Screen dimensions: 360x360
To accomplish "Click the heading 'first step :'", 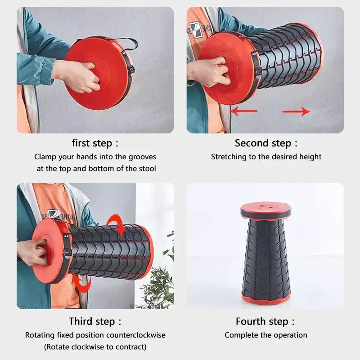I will (95, 144).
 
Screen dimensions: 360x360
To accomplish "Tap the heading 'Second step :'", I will (265, 144).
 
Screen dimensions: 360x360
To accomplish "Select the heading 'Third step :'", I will (95, 321).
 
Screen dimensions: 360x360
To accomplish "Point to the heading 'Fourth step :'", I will (265, 321).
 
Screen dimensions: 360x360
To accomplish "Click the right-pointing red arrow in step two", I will (297, 111).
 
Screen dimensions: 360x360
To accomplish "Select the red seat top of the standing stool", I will (265, 210).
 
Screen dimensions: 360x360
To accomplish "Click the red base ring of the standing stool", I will (265, 299).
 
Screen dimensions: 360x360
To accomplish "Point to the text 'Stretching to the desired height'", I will (266, 157).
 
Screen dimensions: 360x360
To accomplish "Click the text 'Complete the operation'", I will (265, 335).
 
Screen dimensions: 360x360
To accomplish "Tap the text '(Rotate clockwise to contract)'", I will (95, 347).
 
